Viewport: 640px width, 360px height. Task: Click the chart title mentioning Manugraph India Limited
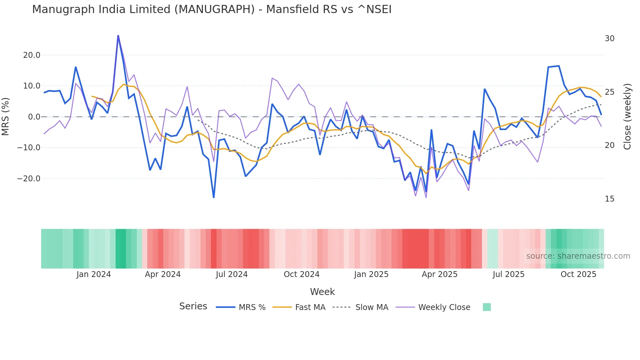212,9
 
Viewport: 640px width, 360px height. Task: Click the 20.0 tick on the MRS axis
32,55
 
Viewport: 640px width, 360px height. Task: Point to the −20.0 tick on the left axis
29,179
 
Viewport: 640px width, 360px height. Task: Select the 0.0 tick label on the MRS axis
34,117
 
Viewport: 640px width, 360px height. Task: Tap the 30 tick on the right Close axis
609,39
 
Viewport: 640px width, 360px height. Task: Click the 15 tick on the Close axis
609,199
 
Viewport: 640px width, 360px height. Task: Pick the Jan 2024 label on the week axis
94,274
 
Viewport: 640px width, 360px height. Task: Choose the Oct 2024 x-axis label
301,274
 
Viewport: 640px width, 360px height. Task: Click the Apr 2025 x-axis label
440,274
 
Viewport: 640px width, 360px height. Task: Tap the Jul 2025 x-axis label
508,274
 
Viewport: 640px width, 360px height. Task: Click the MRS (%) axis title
6,117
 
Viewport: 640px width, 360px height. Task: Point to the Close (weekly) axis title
627,117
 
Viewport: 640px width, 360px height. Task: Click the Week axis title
322,292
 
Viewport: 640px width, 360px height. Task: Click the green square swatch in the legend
487,307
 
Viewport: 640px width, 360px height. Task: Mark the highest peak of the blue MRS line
118,36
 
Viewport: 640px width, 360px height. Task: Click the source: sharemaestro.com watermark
578,256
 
